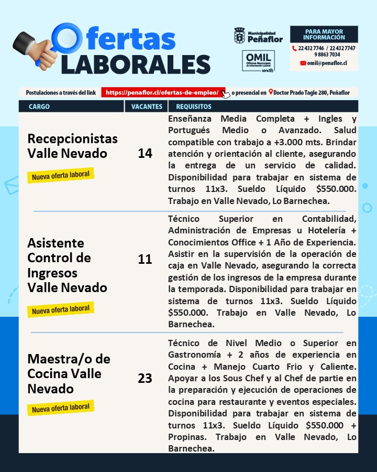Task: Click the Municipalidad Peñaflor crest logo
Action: [239, 36]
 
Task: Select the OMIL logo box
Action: [258, 61]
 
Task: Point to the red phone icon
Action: [295, 48]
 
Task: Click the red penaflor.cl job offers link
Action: [163, 92]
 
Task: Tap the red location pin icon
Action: [270, 92]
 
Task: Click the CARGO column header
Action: [39, 106]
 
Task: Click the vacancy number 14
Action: [145, 153]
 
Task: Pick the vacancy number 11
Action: [145, 259]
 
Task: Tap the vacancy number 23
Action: [145, 378]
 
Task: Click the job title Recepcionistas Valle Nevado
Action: [72, 146]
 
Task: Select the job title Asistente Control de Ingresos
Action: [67, 265]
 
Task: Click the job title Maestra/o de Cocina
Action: [69, 374]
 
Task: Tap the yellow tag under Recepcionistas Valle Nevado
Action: [61, 175]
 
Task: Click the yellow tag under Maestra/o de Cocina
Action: [61, 407]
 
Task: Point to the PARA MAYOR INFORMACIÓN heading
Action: [324, 35]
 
